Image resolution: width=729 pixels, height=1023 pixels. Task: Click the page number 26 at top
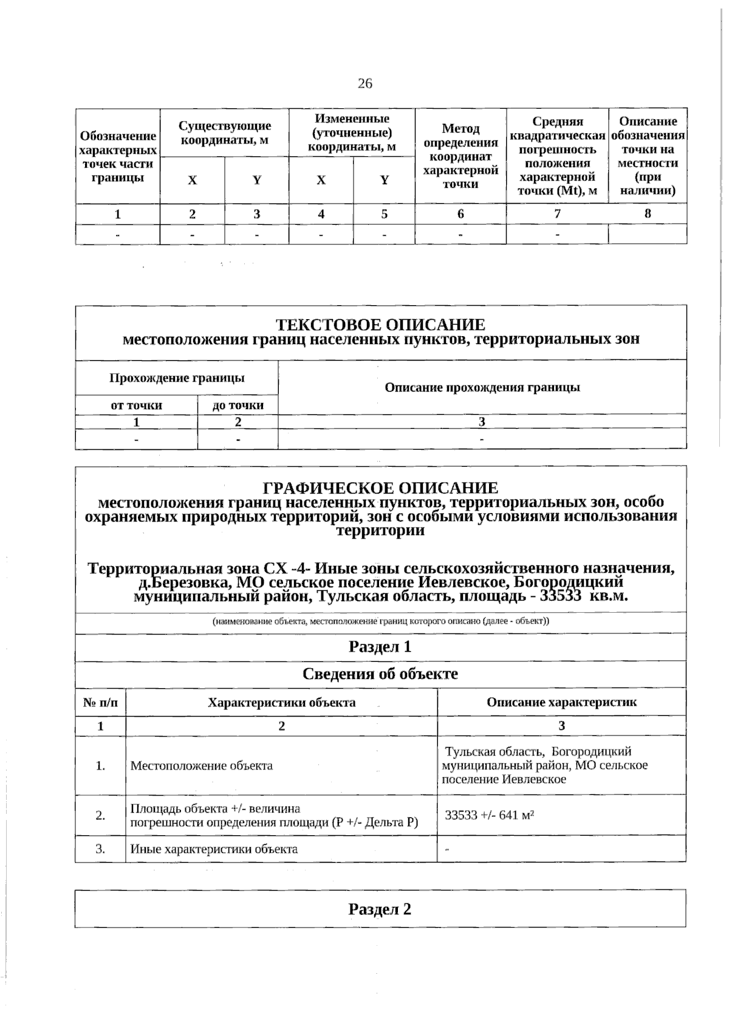click(x=364, y=83)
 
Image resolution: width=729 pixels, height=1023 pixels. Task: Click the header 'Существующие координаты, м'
click(x=224, y=133)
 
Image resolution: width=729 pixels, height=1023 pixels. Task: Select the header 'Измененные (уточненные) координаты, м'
click(x=352, y=133)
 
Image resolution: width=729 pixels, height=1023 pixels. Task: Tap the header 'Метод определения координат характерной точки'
click(x=460, y=156)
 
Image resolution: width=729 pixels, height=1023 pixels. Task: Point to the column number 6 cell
click(x=460, y=214)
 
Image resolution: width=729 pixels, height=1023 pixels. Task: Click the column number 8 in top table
click(x=648, y=213)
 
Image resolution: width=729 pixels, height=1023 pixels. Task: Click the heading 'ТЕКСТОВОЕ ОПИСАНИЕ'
click(x=381, y=325)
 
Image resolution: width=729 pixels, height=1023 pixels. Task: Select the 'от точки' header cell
click(x=137, y=405)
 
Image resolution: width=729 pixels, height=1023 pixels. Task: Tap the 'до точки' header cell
click(x=238, y=405)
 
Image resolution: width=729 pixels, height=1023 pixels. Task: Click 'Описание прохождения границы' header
click(x=482, y=387)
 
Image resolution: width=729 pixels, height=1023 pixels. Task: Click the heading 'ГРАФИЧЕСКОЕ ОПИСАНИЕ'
click(x=381, y=488)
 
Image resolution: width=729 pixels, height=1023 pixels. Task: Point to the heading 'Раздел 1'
click(x=380, y=647)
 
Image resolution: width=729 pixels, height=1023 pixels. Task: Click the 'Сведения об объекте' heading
click(x=380, y=674)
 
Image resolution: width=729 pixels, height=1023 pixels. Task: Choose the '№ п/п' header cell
click(x=100, y=703)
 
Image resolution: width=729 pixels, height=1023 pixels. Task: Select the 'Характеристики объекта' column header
click(x=281, y=703)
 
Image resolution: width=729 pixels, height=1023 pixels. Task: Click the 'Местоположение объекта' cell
click(x=202, y=766)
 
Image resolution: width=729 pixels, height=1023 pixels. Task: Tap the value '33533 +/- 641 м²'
click(x=489, y=815)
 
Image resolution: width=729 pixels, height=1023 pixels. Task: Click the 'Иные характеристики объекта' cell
click(x=214, y=849)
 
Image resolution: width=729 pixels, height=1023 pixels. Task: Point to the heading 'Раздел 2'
click(x=380, y=909)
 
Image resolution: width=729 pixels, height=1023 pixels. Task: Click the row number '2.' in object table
click(x=100, y=816)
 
